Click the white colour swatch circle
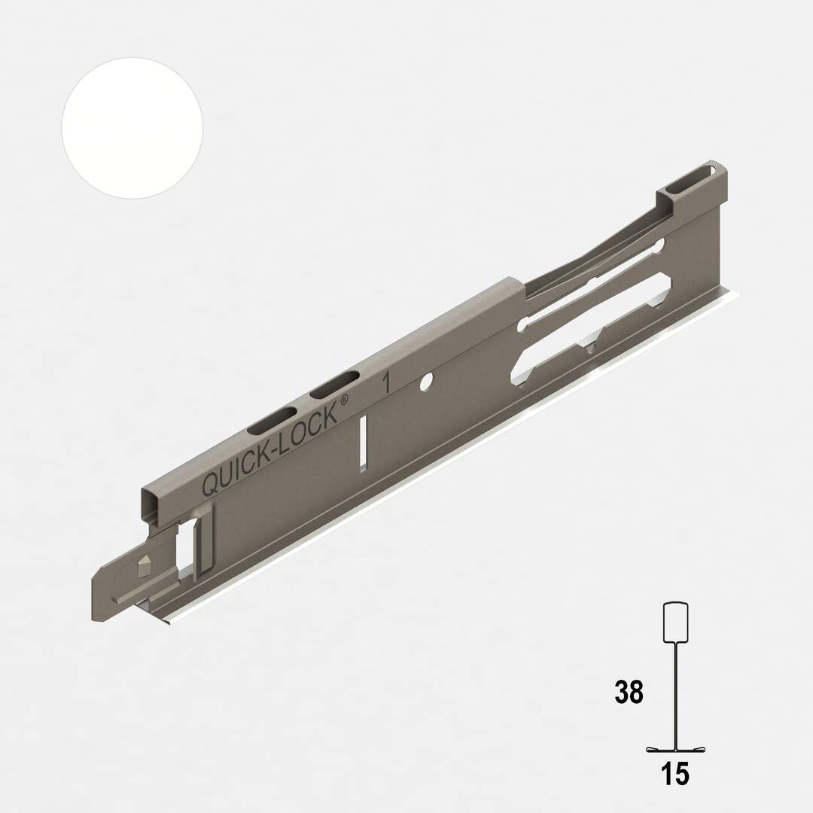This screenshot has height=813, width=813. click(132, 129)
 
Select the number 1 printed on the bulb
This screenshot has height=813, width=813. click(386, 382)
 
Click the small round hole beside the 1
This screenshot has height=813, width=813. click(425, 382)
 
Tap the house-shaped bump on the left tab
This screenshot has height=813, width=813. click(143, 563)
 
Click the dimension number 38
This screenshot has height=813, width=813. click(629, 693)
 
